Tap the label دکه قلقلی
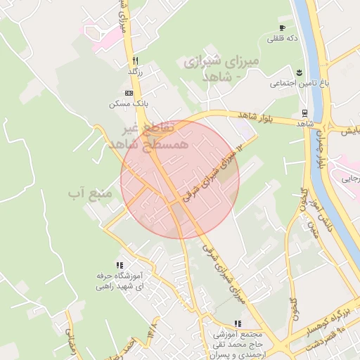click(x=283, y=38)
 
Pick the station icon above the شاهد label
click(x=304, y=113)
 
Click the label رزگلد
click(x=135, y=71)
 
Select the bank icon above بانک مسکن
click(x=129, y=93)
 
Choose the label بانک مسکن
click(x=121, y=103)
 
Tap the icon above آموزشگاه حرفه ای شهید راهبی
click(x=119, y=265)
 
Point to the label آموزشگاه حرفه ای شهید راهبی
click(x=119, y=281)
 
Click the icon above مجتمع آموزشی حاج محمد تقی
click(x=238, y=324)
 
